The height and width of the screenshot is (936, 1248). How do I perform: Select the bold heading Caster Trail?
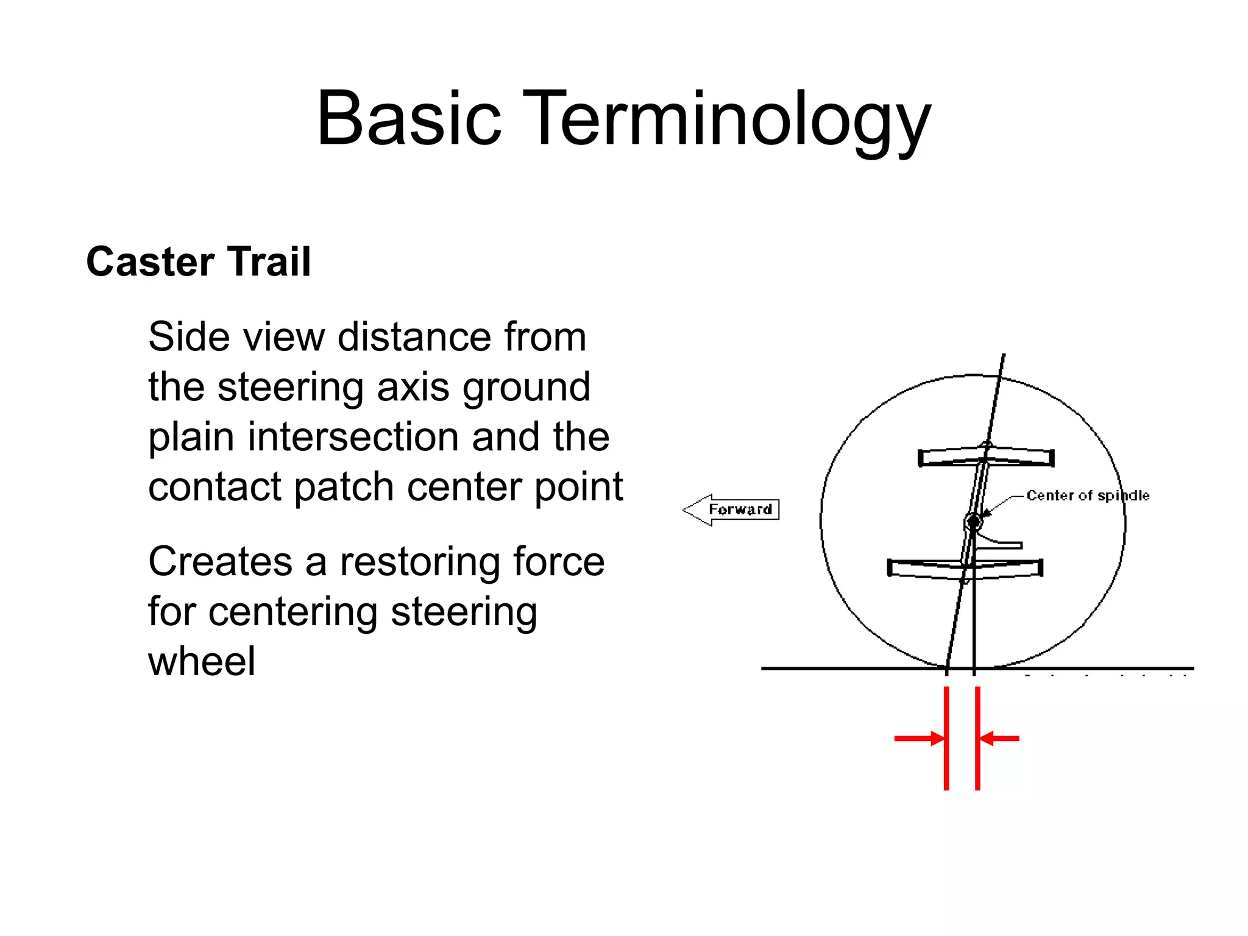click(x=199, y=262)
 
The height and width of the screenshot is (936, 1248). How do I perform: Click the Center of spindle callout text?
click(x=1088, y=495)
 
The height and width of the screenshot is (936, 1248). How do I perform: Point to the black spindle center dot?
click(x=973, y=522)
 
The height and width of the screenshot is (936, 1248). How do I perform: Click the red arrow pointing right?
click(x=919, y=739)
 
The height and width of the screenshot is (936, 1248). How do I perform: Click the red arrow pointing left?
click(x=999, y=739)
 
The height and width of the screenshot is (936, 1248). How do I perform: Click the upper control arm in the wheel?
click(x=986, y=457)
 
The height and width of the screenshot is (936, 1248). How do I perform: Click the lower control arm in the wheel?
click(x=965, y=568)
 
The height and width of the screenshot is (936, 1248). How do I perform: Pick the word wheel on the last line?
click(x=202, y=661)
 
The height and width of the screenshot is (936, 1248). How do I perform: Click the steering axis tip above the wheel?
click(x=1003, y=358)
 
